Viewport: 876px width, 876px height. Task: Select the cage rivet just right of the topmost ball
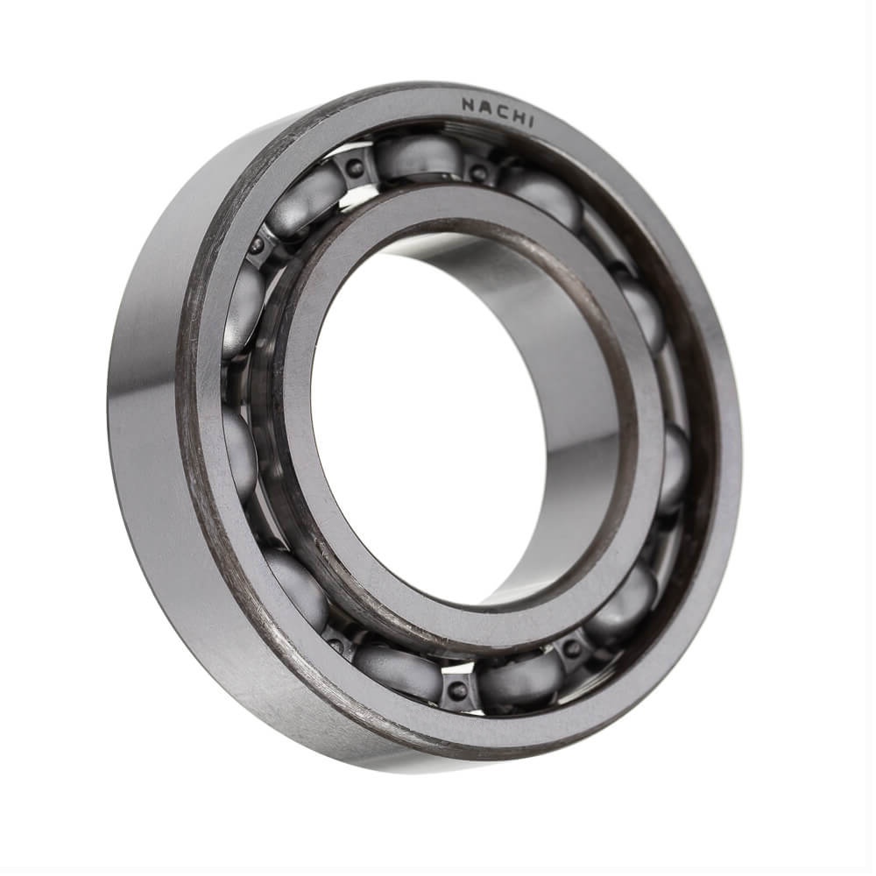point(476,171)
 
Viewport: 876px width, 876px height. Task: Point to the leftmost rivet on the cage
point(258,244)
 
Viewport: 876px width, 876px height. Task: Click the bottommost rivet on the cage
point(459,687)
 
